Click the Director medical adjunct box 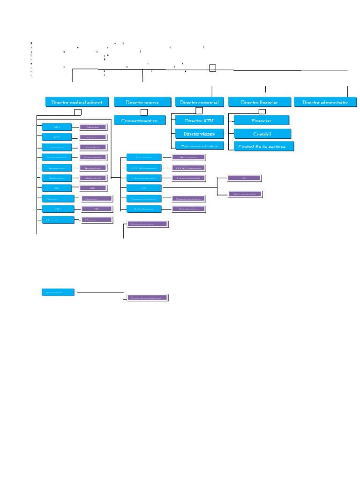click(77, 102)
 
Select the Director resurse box click(142, 102)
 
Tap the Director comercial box click(199, 102)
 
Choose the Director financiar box click(259, 102)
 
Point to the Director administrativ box click(325, 102)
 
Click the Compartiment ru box click(140, 120)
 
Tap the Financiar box click(262, 120)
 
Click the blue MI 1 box click(57, 127)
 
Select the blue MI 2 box click(57, 137)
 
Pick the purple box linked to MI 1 click(93, 127)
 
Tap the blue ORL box click(57, 188)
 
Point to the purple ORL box click(93, 188)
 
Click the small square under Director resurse click(144, 112)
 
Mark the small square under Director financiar click(262, 112)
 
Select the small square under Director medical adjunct click(78, 112)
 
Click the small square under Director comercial click(199, 111)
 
